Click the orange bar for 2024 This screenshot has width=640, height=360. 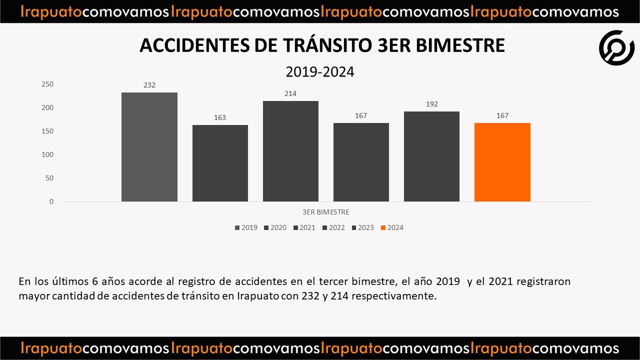(502, 162)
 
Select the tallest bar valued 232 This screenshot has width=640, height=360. (149, 147)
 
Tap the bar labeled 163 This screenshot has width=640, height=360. (220, 163)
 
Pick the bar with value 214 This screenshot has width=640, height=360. (290, 151)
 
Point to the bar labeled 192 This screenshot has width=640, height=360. (431, 156)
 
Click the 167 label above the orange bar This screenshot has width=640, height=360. (502, 115)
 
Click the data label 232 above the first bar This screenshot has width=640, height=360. (149, 85)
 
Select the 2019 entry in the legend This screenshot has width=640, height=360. (246, 227)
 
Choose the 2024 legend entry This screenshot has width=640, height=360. (392, 227)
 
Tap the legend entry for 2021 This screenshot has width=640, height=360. (304, 227)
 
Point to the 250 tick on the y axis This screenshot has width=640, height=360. (47, 84)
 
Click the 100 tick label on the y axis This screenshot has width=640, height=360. (47, 154)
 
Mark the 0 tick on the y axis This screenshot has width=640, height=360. (51, 201)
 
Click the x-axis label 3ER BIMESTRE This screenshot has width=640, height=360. (325, 212)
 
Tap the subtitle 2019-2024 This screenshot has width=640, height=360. (320, 72)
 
